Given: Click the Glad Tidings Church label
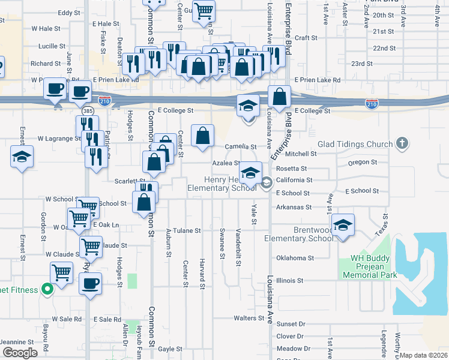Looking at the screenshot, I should (x=355, y=144).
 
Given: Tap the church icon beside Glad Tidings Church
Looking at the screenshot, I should (x=402, y=143).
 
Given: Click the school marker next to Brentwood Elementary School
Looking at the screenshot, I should (x=343, y=226).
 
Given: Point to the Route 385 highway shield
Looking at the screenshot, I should (x=87, y=112).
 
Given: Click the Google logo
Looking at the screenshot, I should (x=20, y=353).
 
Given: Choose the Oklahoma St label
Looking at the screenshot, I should (x=295, y=258).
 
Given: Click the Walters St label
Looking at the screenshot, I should (x=249, y=318).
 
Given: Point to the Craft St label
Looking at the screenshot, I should (x=306, y=37).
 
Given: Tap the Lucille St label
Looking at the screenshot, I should (x=52, y=46).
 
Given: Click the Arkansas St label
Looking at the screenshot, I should (x=294, y=207).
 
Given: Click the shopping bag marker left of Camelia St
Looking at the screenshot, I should (x=203, y=136).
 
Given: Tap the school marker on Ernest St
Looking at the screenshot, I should (x=22, y=158).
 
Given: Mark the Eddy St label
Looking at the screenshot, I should (x=69, y=13).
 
